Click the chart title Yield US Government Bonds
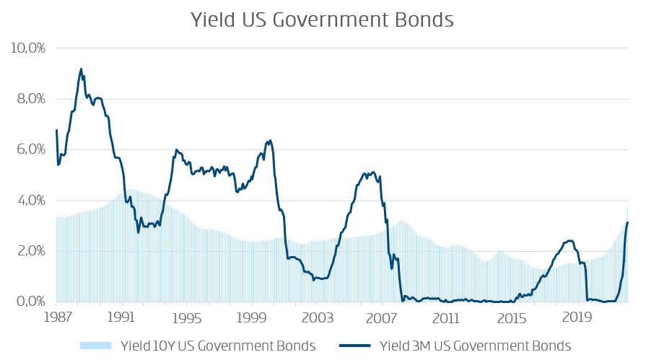pyautogui.click(x=322, y=19)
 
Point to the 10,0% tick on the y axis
pyautogui.click(x=28, y=48)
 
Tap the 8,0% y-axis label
pyautogui.click(x=30, y=99)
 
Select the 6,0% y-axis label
pyautogui.click(x=30, y=150)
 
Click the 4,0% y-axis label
pyautogui.click(x=30, y=201)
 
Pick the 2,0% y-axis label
pyautogui.click(x=30, y=251)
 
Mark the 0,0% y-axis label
pyautogui.click(x=30, y=302)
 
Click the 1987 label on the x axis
pyautogui.click(x=56, y=317)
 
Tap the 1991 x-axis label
pyautogui.click(x=121, y=317)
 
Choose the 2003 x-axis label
pyautogui.click(x=317, y=317)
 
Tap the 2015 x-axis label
pyautogui.click(x=512, y=317)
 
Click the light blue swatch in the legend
pyautogui.click(x=95, y=346)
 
